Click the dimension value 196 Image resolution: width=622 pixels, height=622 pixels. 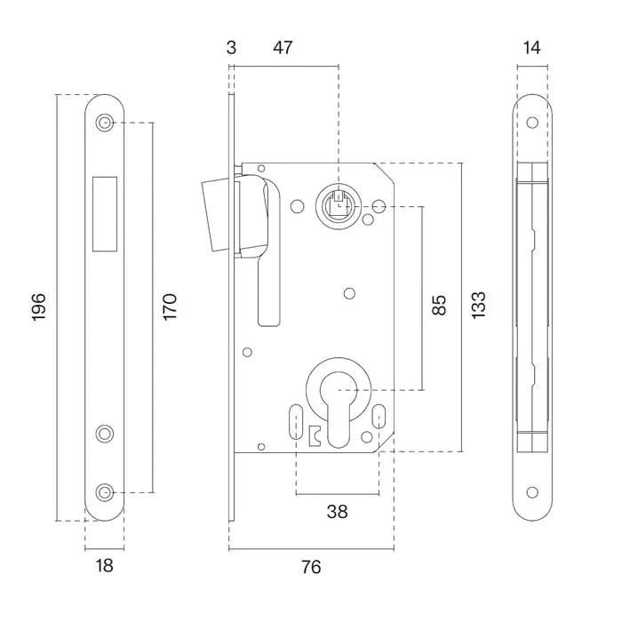coord(39,307)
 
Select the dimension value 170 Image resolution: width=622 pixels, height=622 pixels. coord(170,307)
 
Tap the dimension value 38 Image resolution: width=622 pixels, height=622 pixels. coord(337,512)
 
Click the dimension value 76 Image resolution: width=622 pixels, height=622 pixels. coord(310,566)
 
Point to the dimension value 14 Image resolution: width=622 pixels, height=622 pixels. coord(532,47)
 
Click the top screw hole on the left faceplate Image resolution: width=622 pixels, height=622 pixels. coord(106,123)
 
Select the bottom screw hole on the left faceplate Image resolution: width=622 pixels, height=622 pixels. coord(106,491)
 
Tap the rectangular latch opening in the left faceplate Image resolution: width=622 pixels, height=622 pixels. coord(104,211)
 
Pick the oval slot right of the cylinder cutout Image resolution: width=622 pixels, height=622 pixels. coord(379,416)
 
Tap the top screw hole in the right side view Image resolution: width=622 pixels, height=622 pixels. coord(532,123)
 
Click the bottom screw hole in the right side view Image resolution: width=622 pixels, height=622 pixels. coord(532,491)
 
